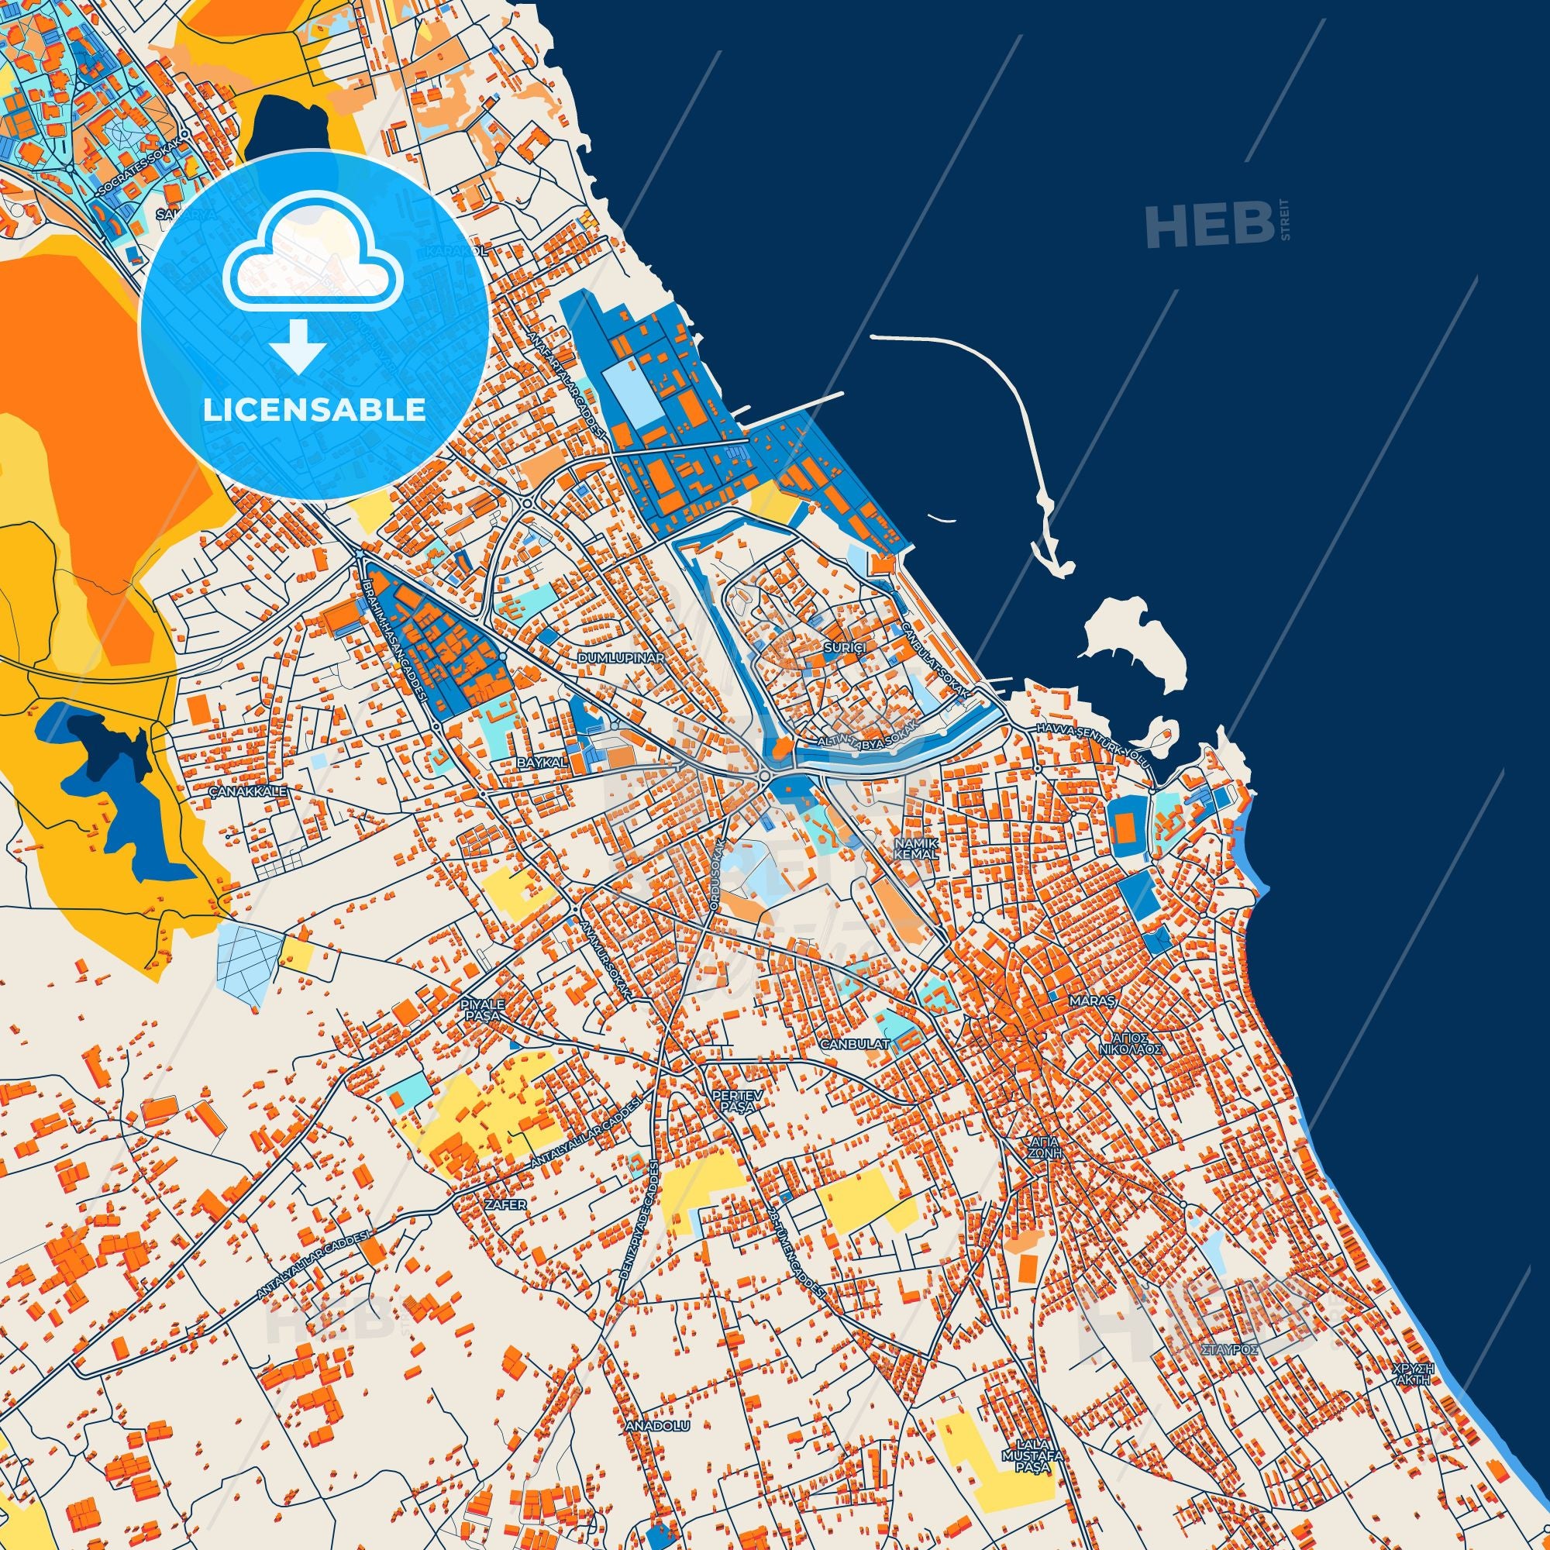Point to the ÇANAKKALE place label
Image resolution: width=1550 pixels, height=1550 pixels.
(248, 791)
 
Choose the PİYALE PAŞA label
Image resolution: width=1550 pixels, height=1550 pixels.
(482, 1010)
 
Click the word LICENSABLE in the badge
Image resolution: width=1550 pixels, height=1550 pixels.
(315, 410)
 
